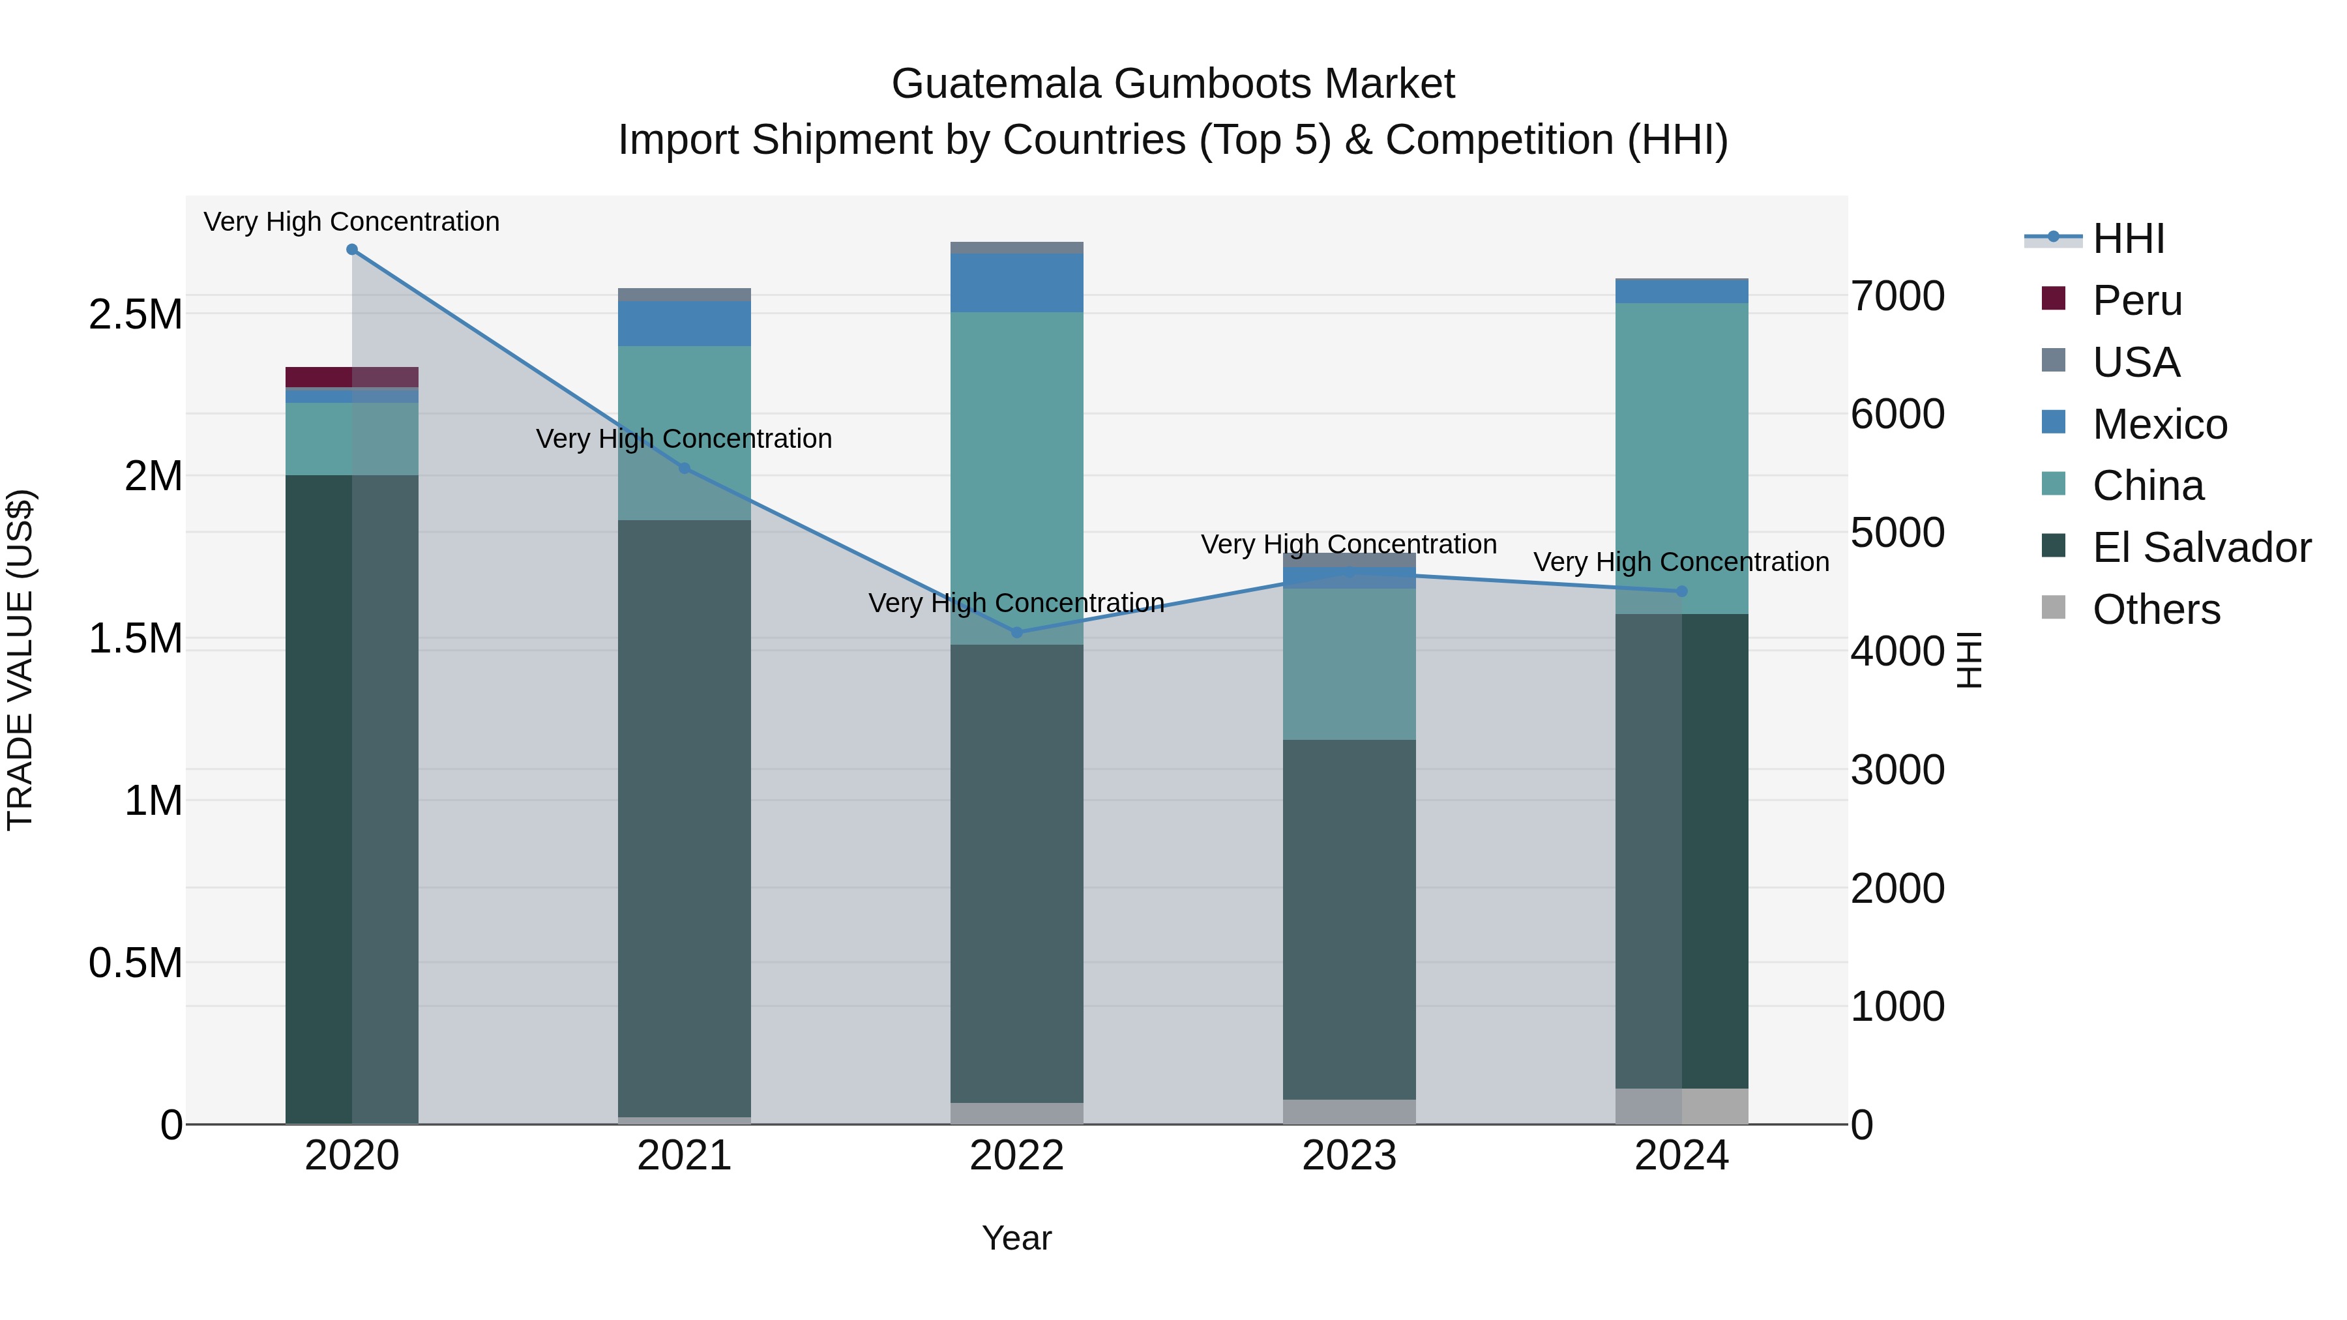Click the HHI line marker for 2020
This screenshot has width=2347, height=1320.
pyautogui.click(x=351, y=250)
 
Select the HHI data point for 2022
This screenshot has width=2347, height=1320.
pyautogui.click(x=1017, y=632)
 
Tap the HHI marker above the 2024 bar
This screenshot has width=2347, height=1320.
pyautogui.click(x=1682, y=591)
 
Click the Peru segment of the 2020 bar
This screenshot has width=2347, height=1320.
pyautogui.click(x=351, y=377)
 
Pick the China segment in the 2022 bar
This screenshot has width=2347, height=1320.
pyautogui.click(x=1017, y=478)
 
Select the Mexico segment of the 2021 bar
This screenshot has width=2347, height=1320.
pyautogui.click(x=685, y=323)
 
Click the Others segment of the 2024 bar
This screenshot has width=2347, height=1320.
pyautogui.click(x=1682, y=1106)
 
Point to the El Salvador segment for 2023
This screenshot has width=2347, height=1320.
pyautogui.click(x=1350, y=919)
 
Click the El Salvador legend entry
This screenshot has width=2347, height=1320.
pyautogui.click(x=2201, y=548)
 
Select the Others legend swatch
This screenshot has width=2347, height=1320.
pyautogui.click(x=2054, y=608)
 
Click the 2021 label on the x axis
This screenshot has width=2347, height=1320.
pyautogui.click(x=685, y=1156)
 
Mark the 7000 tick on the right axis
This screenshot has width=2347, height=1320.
pyautogui.click(x=1898, y=296)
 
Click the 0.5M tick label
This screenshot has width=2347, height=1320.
pyautogui.click(x=136, y=963)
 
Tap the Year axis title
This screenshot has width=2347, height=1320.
pyautogui.click(x=1017, y=1238)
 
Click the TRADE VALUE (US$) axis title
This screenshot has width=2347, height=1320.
pyautogui.click(x=20, y=660)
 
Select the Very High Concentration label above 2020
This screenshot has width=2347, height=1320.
pyautogui.click(x=351, y=222)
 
